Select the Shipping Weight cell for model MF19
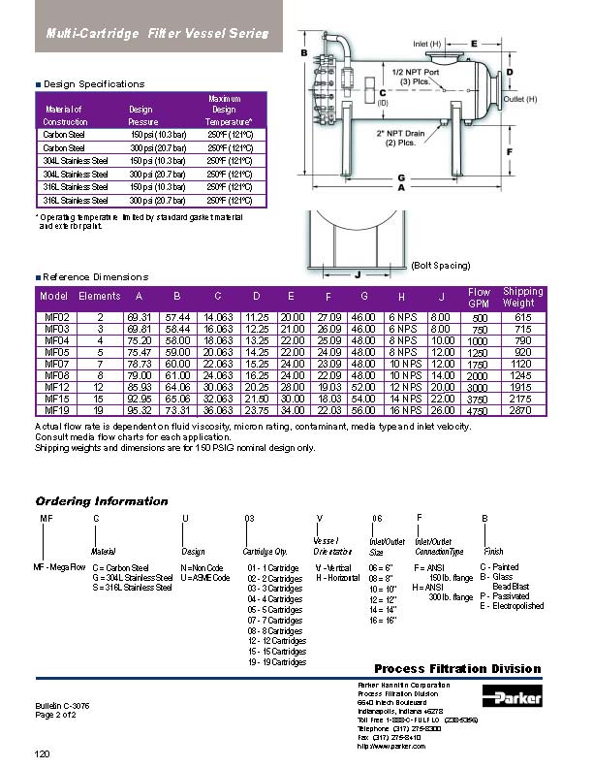[524, 411]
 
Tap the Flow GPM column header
[479, 297]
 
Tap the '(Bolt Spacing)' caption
[441, 265]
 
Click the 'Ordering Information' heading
[102, 501]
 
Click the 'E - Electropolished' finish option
[512, 606]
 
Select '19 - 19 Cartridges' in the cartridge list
[275, 662]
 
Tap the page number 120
[42, 753]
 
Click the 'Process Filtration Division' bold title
[457, 669]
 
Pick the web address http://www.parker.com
[391, 746]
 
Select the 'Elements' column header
[99, 297]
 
